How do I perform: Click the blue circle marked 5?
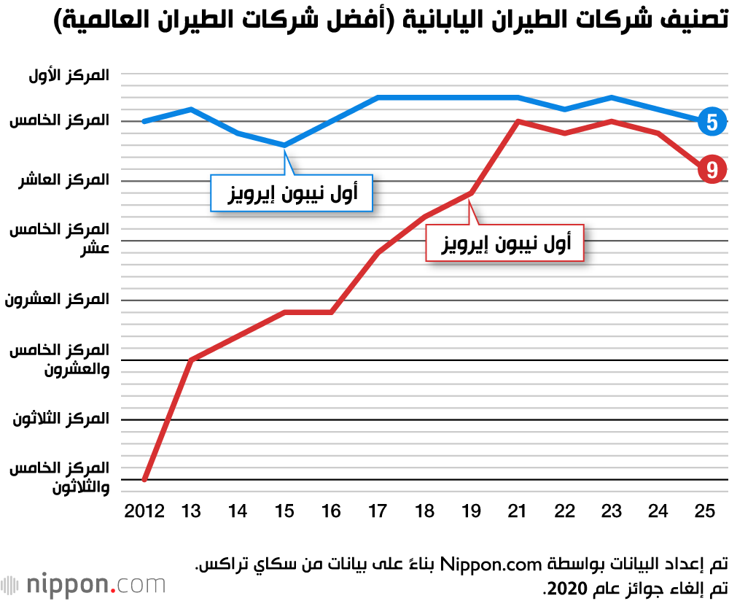712,122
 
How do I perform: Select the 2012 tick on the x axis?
144,511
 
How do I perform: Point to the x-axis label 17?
378,511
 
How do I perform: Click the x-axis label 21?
518,511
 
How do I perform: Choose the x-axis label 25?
704,511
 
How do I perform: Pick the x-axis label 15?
284,511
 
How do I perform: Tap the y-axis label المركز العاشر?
65,180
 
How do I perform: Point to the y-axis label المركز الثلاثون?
61,419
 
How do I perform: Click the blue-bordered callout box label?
291,193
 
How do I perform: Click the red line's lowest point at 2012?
145,479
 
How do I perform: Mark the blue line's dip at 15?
284,145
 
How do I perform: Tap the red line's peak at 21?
518,121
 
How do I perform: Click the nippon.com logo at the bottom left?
83,585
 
